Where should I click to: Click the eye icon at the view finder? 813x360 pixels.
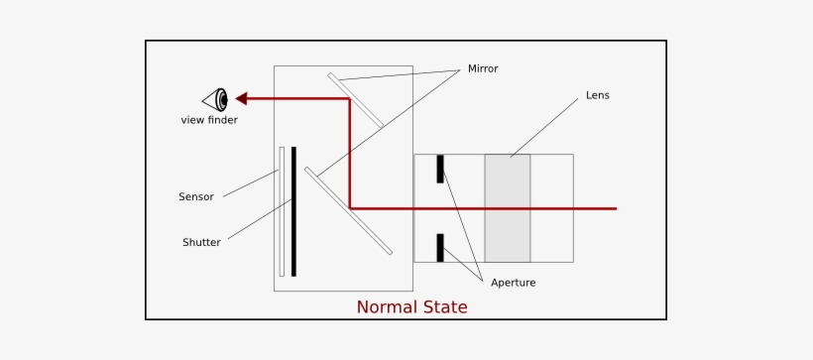click(216, 99)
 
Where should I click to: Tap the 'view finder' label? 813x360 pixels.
click(209, 120)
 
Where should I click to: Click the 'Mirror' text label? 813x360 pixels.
click(483, 68)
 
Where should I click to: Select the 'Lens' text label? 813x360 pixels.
click(598, 96)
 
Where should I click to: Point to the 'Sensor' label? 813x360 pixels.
click(196, 196)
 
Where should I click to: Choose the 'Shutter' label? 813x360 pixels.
click(201, 242)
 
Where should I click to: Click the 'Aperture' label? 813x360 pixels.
click(514, 283)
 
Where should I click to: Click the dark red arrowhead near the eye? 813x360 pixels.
click(242, 98)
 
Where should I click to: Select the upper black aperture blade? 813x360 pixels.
click(440, 169)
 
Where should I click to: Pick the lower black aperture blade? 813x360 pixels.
click(440, 248)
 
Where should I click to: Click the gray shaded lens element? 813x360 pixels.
click(508, 208)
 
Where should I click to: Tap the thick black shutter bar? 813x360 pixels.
click(293, 210)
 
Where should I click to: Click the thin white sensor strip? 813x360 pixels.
click(282, 210)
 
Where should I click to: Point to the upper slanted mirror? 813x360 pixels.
click(356, 100)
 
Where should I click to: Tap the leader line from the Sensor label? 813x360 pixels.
click(251, 183)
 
